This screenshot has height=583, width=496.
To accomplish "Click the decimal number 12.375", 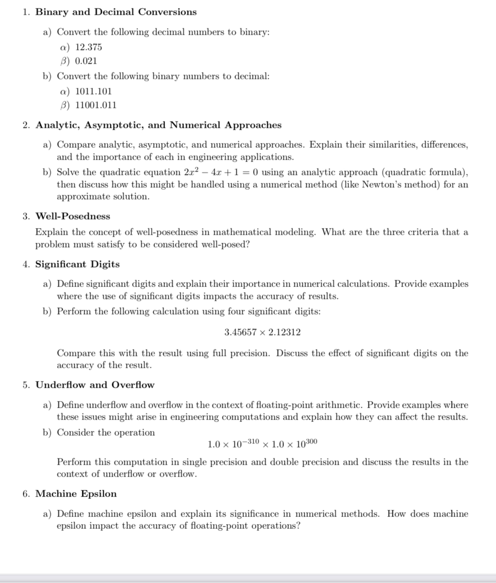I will (88, 47).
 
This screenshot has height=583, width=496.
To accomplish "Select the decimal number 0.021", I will (86, 61).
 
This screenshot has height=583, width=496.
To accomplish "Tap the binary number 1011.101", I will (94, 91).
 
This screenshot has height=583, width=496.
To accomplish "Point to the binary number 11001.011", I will (96, 105).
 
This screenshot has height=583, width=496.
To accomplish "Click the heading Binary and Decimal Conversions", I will (116, 12).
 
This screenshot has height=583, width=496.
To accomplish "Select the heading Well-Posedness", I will (73, 216).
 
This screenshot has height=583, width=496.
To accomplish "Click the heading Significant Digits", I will (78, 264).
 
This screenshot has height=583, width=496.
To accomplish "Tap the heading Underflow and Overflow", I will (95, 385).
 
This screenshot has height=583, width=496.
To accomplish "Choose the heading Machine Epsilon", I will (76, 494).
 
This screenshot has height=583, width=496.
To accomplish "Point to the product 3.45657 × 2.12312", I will (263, 332).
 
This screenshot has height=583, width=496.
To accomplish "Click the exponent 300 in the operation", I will (311, 441).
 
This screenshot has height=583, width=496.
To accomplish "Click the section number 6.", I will (26, 494).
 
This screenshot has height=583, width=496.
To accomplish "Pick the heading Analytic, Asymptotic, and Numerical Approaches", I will (158, 125).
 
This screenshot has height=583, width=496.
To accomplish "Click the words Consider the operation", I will (106, 432).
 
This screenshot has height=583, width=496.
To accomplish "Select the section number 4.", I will (26, 264).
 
